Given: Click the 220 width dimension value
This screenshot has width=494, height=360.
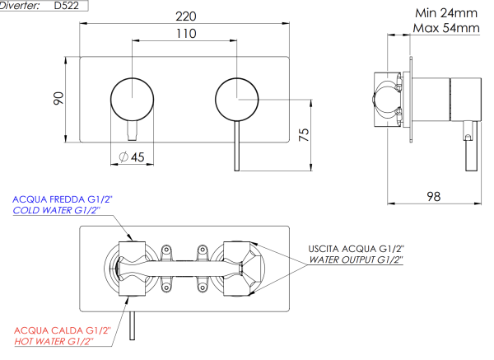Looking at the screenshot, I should pyautogui.click(x=185, y=14).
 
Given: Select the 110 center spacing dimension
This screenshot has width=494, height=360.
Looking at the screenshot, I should pyautogui.click(x=185, y=34).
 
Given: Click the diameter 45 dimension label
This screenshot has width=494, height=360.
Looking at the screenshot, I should pyautogui.click(x=132, y=157).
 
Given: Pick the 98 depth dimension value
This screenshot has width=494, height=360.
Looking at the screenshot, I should pyautogui.click(x=433, y=196).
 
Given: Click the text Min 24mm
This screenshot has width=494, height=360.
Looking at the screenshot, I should pyautogui.click(x=445, y=13).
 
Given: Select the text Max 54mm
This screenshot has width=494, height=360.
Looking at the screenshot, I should pyautogui.click(x=445, y=28).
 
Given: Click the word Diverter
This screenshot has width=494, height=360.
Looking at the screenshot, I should pyautogui.click(x=25, y=5).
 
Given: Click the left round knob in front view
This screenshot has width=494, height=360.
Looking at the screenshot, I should pyautogui.click(x=132, y=97).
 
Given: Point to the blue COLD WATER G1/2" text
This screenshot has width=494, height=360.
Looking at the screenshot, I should pyautogui.click(x=55, y=211).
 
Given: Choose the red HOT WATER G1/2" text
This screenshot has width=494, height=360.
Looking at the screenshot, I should pyautogui.click(x=54, y=340).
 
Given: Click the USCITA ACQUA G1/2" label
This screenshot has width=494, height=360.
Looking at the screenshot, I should pyautogui.click(x=357, y=248).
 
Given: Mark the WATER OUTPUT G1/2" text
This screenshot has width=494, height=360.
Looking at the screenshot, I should pyautogui.click(x=357, y=259).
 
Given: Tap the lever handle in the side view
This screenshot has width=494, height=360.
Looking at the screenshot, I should pyautogui.click(x=471, y=148).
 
